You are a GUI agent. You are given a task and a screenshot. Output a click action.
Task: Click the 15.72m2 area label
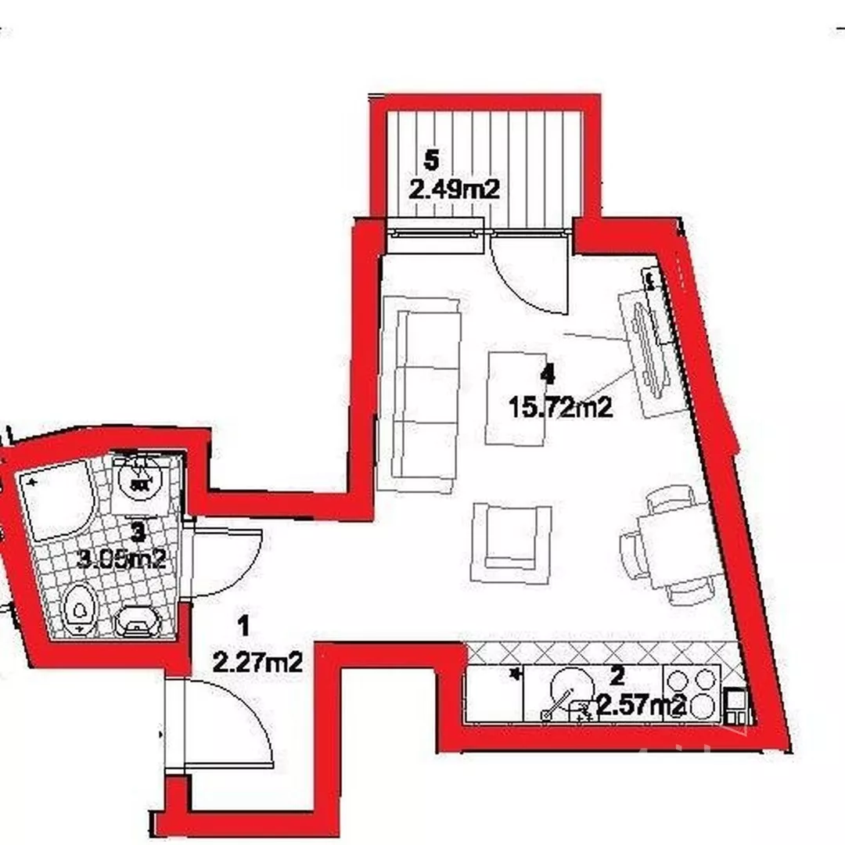pos(560,408)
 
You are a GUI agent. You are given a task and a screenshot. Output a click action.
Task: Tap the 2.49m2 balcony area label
pos(455,189)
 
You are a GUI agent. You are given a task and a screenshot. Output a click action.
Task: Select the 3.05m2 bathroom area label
pos(121,559)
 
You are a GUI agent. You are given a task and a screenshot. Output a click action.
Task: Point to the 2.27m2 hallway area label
pos(257,662)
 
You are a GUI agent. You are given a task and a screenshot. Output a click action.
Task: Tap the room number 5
pos(432,160)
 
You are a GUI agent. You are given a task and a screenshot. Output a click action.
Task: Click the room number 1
pos(243,627)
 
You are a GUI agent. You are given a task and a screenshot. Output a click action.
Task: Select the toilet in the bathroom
pos(80,609)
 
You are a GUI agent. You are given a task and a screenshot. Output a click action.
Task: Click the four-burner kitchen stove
pos(691,694)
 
